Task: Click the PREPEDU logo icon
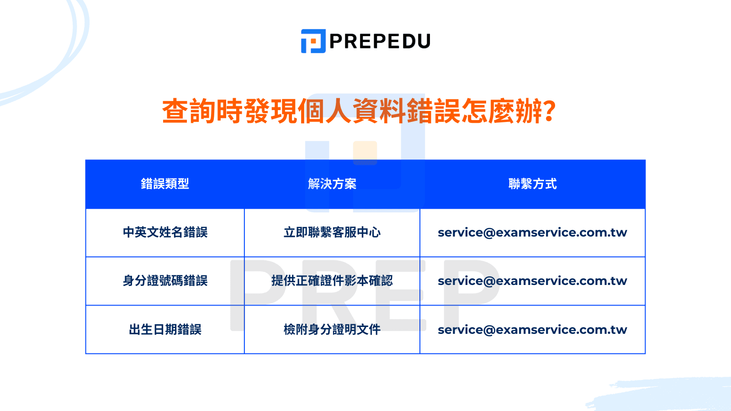pos(313,41)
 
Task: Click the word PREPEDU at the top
pos(379,42)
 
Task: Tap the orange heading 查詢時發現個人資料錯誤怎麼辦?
pos(359,111)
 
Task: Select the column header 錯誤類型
pos(165,184)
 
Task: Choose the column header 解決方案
pos(332,184)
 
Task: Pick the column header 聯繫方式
pos(532,184)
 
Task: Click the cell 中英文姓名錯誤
pos(165,232)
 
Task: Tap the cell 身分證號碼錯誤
pos(165,281)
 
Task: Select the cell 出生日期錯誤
pos(165,329)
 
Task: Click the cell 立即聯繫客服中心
pos(332,232)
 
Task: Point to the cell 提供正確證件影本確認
pos(332,281)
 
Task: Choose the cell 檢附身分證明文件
pos(332,329)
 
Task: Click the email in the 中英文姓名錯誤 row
pos(532,232)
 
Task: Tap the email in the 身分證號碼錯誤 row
pos(532,281)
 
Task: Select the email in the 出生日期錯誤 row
pos(532,329)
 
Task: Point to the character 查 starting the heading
pos(175,111)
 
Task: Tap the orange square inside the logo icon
pos(315,43)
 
